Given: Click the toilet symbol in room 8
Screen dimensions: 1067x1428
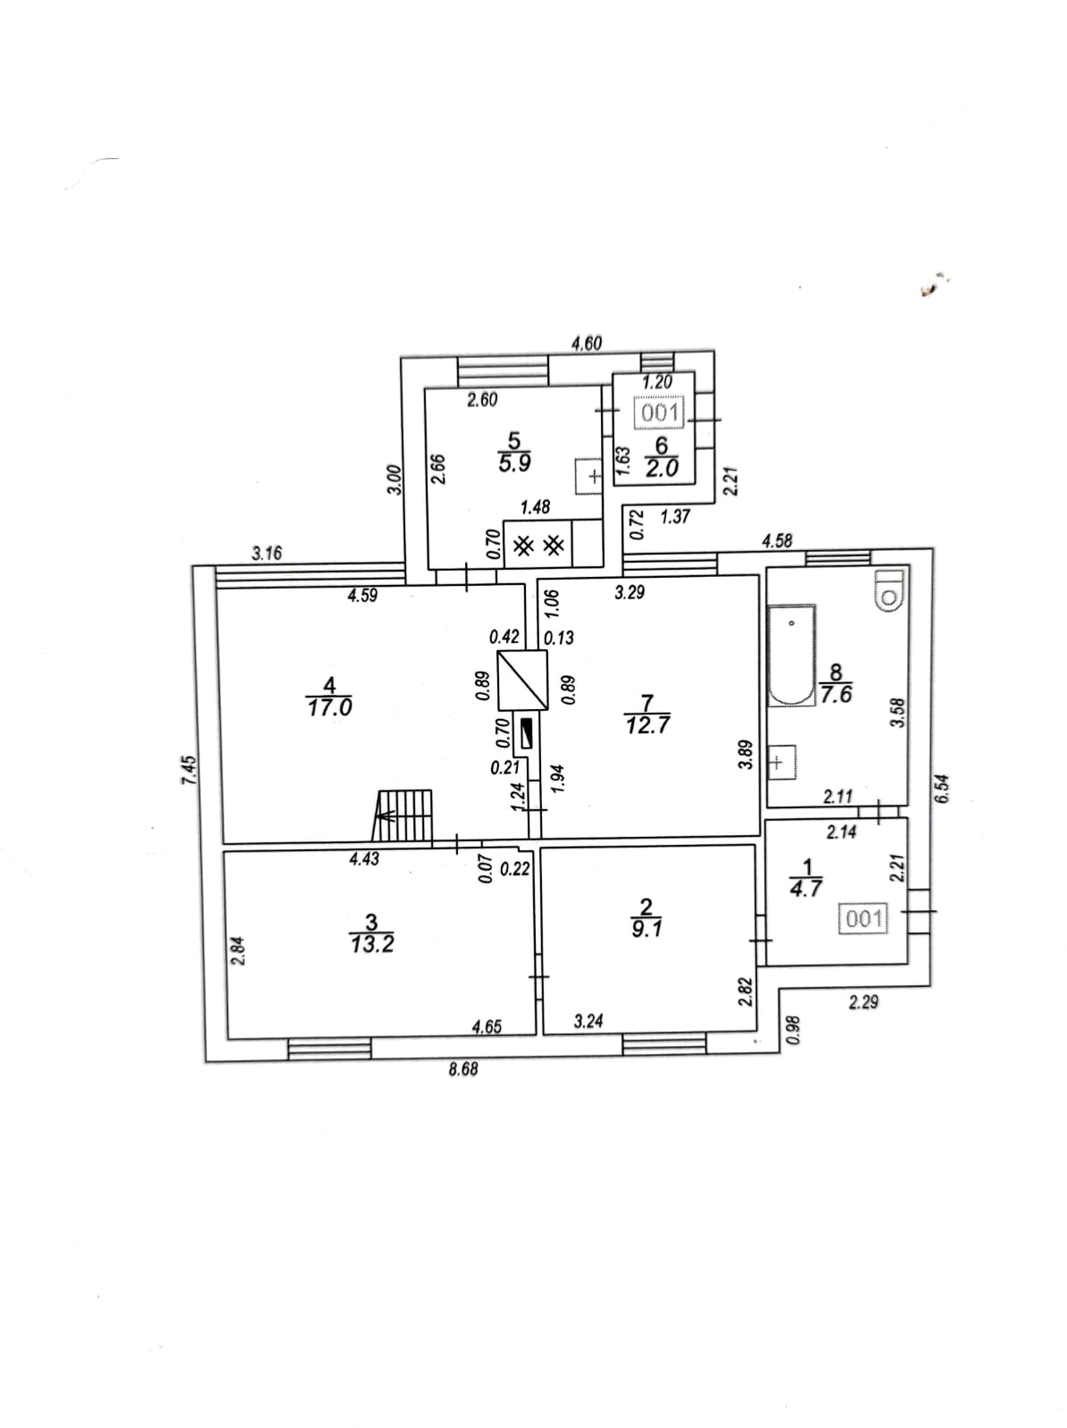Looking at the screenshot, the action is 888,590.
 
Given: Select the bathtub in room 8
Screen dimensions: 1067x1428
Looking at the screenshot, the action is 792,656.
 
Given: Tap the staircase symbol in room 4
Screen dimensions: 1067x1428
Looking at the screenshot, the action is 403,815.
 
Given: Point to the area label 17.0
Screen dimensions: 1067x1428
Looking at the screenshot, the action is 329,708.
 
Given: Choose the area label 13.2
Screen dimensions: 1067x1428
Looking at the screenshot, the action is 371,944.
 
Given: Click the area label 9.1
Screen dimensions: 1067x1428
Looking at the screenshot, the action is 646,929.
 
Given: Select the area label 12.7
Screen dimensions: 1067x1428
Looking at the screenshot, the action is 647,724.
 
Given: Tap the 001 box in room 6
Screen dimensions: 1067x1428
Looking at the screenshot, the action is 659,413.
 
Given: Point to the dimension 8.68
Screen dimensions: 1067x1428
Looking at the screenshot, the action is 463,1069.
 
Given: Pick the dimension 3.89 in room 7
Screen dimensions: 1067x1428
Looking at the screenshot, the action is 746,755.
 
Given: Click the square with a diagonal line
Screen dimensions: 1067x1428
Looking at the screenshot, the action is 522,680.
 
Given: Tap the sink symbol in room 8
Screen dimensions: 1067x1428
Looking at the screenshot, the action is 782,761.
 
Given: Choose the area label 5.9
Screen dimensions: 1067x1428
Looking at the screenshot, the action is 514,463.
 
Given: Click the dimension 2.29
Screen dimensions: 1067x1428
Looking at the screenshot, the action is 863,1003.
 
